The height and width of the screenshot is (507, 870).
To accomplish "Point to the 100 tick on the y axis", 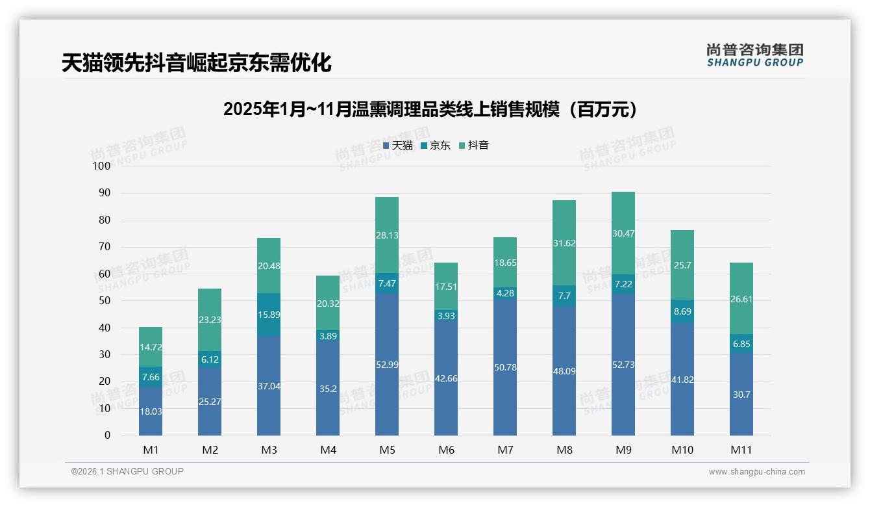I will pos(102,166).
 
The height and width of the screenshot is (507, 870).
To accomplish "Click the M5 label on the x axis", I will pos(387,450).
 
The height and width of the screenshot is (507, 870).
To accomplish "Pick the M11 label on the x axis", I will pos(741,450).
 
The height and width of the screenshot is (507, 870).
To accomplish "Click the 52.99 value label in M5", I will pos(387,365).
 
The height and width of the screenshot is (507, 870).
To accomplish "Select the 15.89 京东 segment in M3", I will pos(269,315).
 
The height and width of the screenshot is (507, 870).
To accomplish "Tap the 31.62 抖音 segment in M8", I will pos(564,243).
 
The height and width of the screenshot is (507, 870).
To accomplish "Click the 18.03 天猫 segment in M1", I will pos(151,411).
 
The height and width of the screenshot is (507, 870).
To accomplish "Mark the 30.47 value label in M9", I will pos(623,233).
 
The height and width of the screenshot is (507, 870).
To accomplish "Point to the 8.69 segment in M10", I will pos(682,311).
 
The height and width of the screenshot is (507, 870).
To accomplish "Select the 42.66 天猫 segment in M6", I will pos(446,378).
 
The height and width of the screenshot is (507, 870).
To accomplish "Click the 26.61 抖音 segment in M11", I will pos(741,299).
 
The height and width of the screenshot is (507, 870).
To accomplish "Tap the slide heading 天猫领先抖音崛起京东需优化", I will pos(197,63).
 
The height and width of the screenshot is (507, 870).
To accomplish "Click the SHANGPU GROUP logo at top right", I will pos(754,55).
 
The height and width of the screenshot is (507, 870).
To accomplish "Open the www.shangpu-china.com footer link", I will pos(756,472).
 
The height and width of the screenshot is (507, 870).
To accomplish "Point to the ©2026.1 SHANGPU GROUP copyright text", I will pos(127,471).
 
